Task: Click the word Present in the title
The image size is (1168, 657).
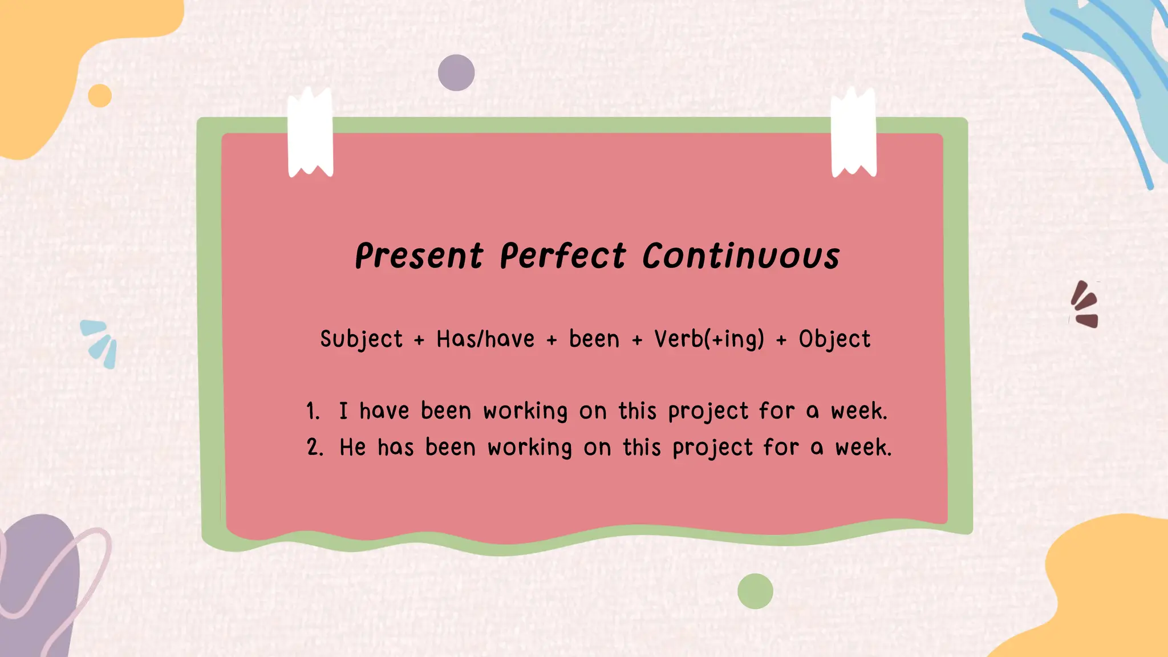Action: (x=419, y=256)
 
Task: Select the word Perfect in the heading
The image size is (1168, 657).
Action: (x=563, y=256)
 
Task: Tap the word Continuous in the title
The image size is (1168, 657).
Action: (x=741, y=256)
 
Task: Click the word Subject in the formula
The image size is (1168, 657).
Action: (x=361, y=339)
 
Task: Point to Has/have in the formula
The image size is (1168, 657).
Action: (x=485, y=339)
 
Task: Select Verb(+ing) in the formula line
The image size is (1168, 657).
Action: (x=709, y=339)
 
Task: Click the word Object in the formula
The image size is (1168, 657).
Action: (x=834, y=339)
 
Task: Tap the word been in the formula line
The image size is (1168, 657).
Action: (x=594, y=339)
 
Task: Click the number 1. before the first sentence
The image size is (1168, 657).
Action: (x=313, y=411)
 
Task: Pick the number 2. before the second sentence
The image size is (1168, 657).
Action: (x=315, y=448)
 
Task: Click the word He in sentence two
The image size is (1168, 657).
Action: (x=352, y=448)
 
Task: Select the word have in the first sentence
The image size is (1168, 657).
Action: (x=384, y=411)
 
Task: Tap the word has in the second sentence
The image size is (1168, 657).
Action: (x=395, y=448)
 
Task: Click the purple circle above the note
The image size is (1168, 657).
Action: (x=456, y=73)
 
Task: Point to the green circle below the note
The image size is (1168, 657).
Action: (x=755, y=591)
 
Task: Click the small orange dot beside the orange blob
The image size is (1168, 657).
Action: (x=100, y=96)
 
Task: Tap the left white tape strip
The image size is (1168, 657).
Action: (x=310, y=134)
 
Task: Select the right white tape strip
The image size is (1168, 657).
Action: (x=853, y=134)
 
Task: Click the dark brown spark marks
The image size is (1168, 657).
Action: (x=1085, y=305)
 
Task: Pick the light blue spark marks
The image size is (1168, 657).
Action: (x=100, y=343)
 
